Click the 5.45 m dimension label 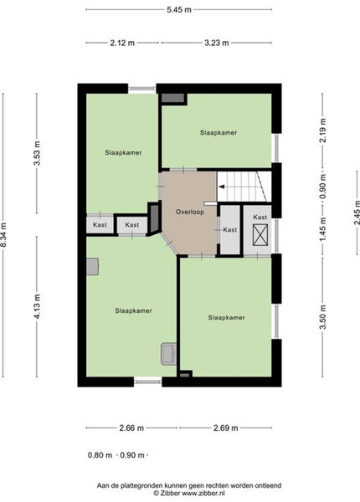178,9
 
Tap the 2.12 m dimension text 122,43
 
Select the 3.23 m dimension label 217,43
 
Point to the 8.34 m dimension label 3,234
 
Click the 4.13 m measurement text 37,306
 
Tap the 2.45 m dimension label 357,213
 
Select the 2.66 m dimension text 131,428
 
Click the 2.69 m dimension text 226,428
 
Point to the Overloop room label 189,212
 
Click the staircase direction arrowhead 221,187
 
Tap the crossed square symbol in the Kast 260,235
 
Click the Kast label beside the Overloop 230,229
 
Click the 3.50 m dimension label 323,317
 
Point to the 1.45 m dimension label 323,229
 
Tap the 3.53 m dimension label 37,153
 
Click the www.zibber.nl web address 203,493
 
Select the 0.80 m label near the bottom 100,455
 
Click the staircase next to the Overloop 244,187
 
